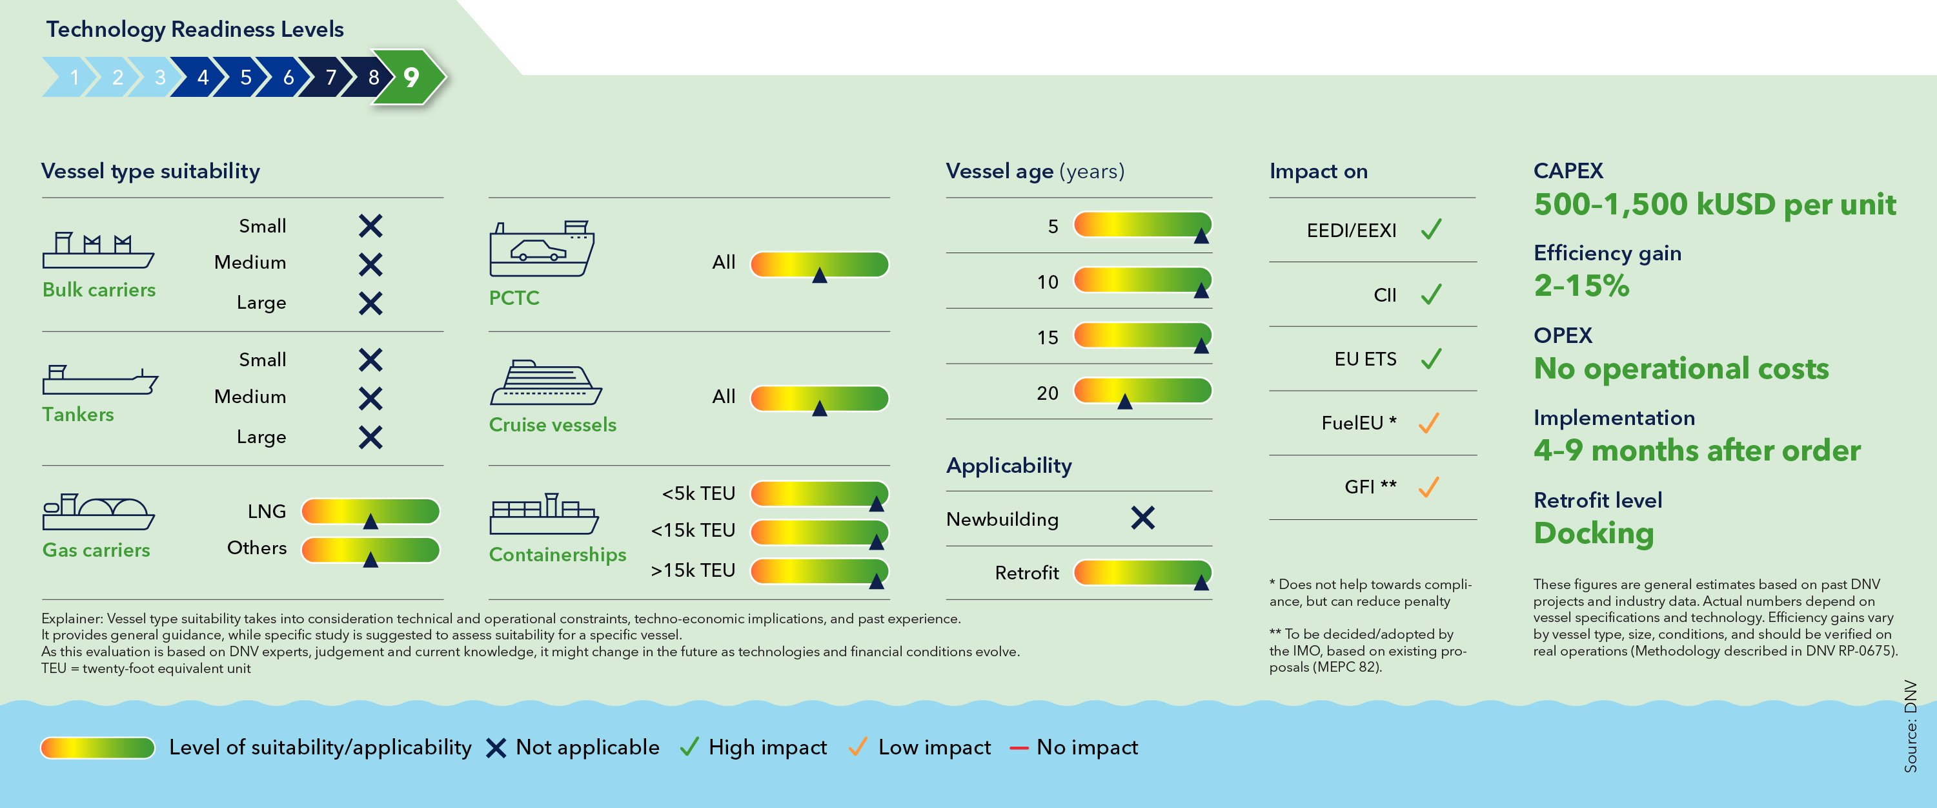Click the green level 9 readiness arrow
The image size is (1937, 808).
pyautogui.click(x=409, y=77)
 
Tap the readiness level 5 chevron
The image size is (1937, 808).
pyautogui.click(x=246, y=77)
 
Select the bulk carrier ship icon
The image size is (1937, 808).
pyautogui.click(x=97, y=250)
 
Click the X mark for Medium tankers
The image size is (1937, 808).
pyautogui.click(x=370, y=398)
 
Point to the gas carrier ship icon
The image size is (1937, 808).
pyautogui.click(x=97, y=513)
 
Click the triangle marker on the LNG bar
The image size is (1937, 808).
pyautogui.click(x=370, y=521)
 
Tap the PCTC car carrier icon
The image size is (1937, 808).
pyautogui.click(x=542, y=249)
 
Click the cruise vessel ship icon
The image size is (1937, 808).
pyautogui.click(x=545, y=383)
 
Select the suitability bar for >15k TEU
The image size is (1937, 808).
pyautogui.click(x=820, y=571)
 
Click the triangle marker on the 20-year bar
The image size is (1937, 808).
pyautogui.click(x=1125, y=402)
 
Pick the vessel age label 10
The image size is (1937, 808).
pyautogui.click(x=1048, y=282)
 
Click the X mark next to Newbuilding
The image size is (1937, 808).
pyautogui.click(x=1143, y=517)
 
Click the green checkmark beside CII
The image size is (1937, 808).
pyautogui.click(x=1432, y=293)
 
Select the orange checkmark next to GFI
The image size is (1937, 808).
pyautogui.click(x=1428, y=487)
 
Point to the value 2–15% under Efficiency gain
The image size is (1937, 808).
pyautogui.click(x=1581, y=286)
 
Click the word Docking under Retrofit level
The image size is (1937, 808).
pyautogui.click(x=1594, y=533)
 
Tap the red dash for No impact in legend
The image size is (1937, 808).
pyautogui.click(x=1019, y=748)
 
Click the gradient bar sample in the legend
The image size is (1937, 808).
pyautogui.click(x=97, y=748)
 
